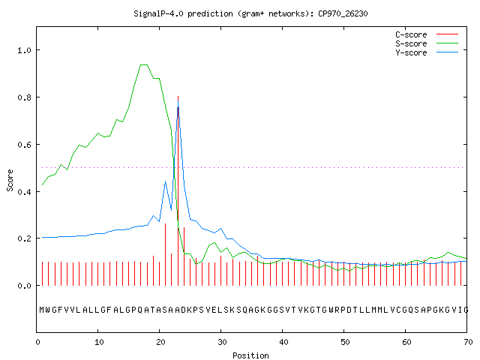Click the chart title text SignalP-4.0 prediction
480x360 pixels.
tap(183, 13)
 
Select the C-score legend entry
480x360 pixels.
tap(427, 34)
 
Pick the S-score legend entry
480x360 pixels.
tap(427, 43)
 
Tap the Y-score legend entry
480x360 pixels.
tap(427, 52)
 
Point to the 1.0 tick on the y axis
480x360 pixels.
tap(24, 50)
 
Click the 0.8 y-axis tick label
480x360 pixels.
tap(24, 97)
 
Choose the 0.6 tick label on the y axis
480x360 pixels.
tap(24, 145)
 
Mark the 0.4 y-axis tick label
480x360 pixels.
tap(24, 192)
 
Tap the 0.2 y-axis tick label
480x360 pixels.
tap(24, 238)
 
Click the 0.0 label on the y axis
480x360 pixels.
tap(24, 286)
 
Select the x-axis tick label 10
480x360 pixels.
tap(99, 342)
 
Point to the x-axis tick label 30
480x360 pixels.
tap(222, 342)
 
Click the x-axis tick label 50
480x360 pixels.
tap(345, 342)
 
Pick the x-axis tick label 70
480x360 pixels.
tap(468, 342)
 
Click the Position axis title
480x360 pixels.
tap(250, 355)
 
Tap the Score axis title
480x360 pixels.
tap(10, 180)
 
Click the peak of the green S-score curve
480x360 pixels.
tap(144, 65)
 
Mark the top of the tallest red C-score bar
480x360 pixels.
tap(178, 97)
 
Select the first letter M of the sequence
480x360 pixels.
tap(42, 310)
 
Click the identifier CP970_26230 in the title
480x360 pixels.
tap(343, 13)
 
